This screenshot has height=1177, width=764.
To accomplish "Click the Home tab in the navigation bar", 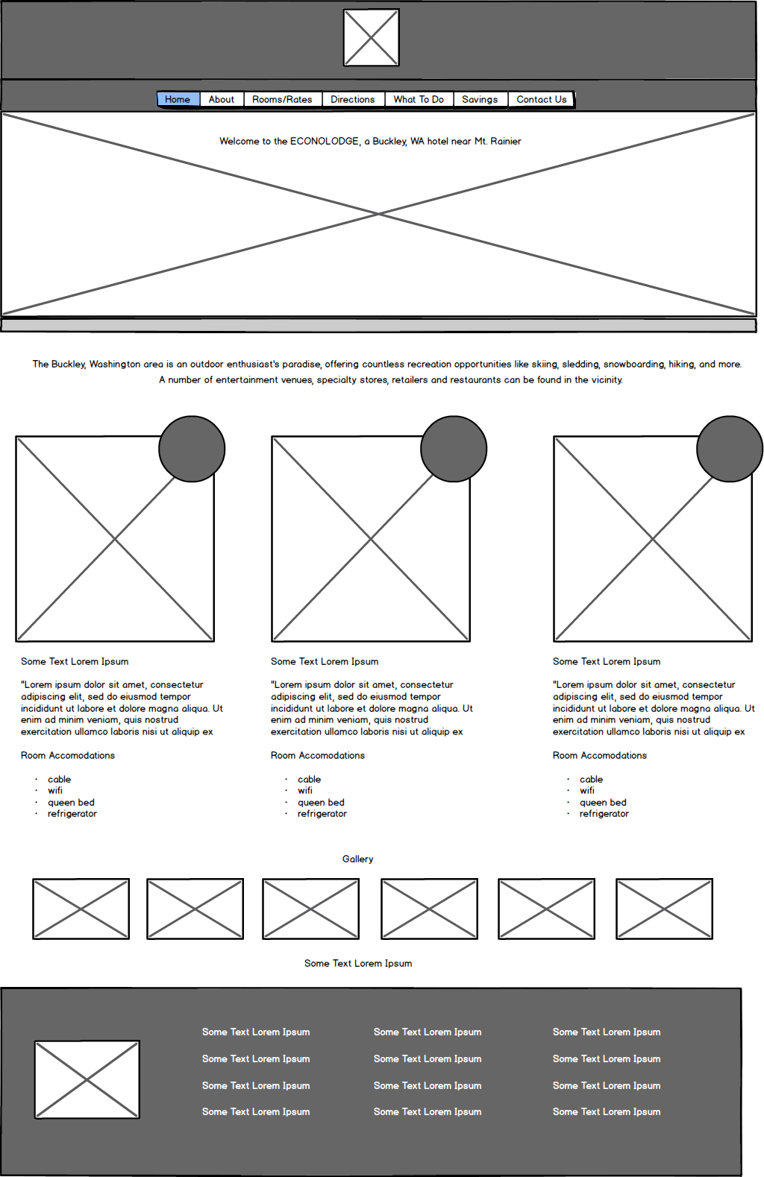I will [178, 99].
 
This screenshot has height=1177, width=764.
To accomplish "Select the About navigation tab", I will [222, 99].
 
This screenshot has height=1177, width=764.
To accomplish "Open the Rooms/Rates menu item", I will [282, 99].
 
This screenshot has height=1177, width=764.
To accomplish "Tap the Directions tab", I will [353, 99].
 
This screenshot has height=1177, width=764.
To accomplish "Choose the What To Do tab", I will [419, 99].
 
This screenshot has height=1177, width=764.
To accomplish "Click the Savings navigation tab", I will [480, 99].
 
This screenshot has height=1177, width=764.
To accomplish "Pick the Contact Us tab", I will [542, 99].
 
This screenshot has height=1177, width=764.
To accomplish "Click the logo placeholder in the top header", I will [371, 37].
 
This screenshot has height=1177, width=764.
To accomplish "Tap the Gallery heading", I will [358, 859].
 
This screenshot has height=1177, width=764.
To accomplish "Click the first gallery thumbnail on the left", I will [81, 909].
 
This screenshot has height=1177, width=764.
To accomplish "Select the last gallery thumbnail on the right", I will [664, 909].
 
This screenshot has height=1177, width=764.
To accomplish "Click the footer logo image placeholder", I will [87, 1079].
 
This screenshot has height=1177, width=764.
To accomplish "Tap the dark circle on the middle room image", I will [454, 449].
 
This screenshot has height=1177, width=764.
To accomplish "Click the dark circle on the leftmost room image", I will [192, 449].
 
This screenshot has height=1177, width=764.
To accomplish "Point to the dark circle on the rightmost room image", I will [730, 449].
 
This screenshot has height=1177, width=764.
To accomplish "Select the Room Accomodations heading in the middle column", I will [318, 755].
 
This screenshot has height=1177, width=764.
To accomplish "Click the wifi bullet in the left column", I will [55, 791].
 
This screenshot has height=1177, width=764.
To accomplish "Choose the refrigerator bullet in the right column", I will [604, 814].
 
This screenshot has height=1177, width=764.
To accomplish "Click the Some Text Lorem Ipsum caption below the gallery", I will [358, 963].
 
